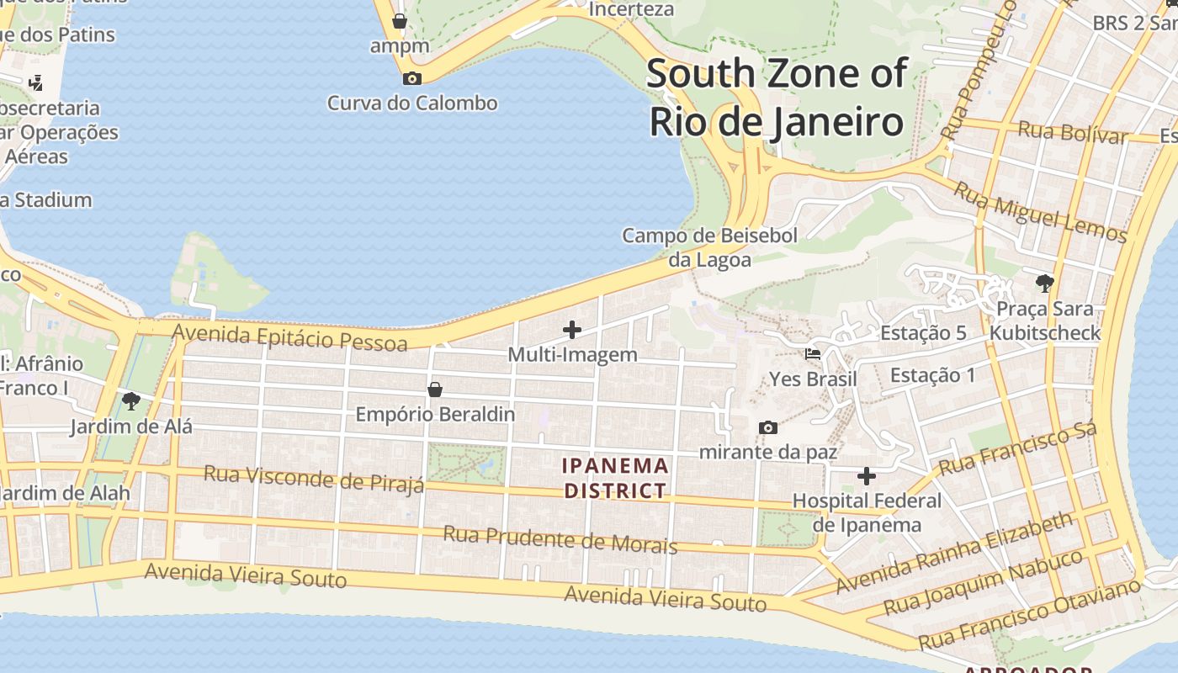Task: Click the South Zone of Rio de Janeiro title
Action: (x=777, y=98)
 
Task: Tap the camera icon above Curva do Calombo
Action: (x=412, y=78)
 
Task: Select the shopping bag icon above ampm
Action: (x=400, y=20)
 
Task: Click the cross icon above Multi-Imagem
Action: (x=572, y=330)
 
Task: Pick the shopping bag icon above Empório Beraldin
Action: (x=435, y=389)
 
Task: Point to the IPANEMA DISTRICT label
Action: (x=615, y=478)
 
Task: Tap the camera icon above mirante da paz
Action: (x=767, y=427)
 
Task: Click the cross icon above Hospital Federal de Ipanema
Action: (x=867, y=476)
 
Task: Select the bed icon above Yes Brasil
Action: (x=813, y=354)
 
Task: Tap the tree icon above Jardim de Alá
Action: (x=130, y=400)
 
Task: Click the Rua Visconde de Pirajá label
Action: (x=314, y=480)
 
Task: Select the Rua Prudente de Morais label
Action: (x=560, y=539)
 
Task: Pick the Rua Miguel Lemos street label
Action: (x=1039, y=213)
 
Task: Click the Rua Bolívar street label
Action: (x=1072, y=133)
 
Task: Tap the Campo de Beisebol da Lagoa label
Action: (x=709, y=247)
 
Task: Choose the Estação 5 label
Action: (x=923, y=333)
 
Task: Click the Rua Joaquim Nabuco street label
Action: (x=983, y=583)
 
